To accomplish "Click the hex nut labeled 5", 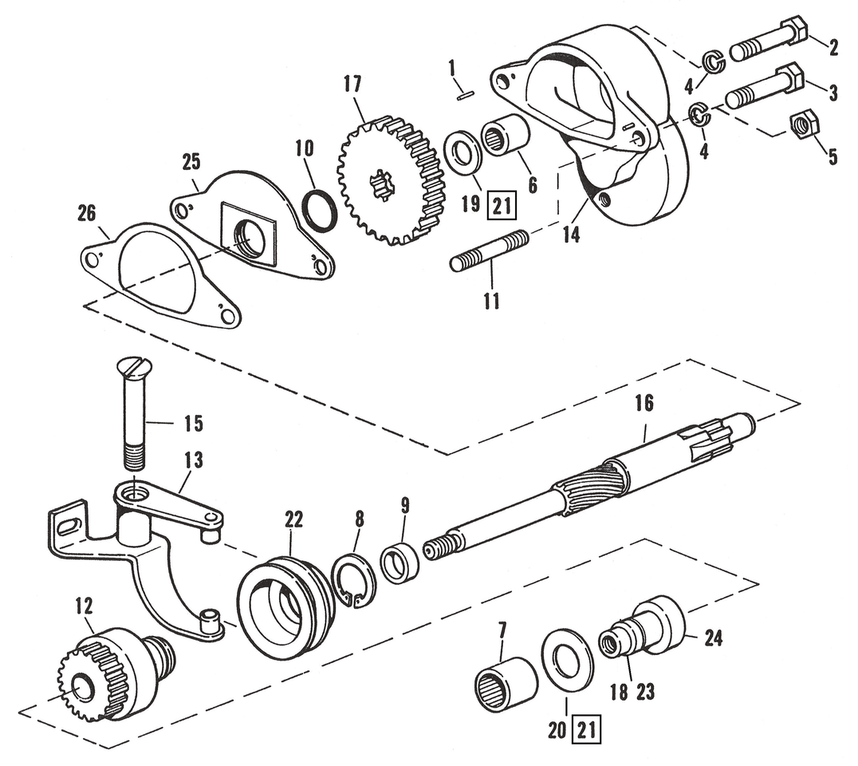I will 801,124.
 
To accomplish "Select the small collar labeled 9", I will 397,562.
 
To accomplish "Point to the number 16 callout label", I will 643,404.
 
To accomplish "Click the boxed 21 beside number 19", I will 500,207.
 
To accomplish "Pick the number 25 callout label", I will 191,163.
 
